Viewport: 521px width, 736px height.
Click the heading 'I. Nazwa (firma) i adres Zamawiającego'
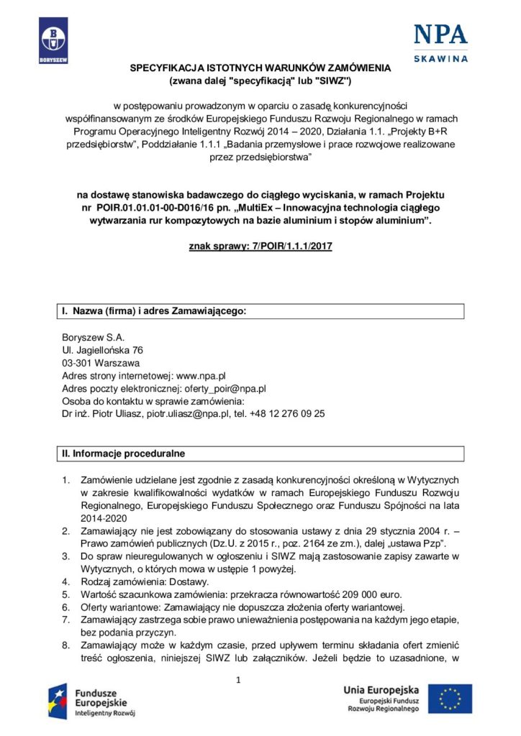click(x=153, y=311)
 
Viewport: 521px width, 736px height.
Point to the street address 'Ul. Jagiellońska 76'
click(x=103, y=350)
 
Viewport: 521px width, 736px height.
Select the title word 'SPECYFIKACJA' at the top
click(x=164, y=68)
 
